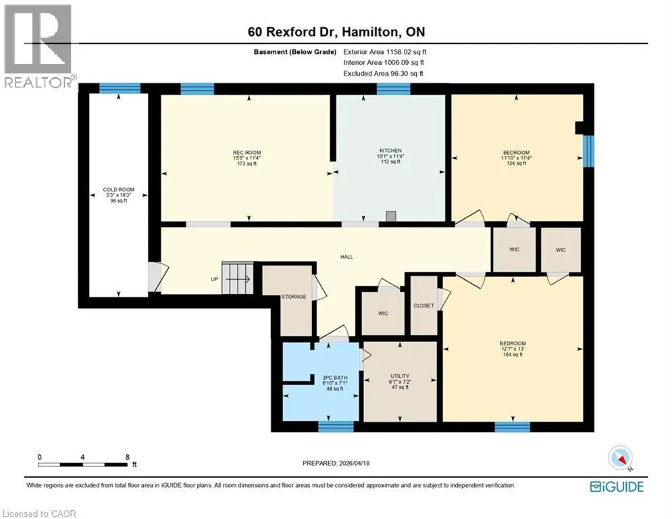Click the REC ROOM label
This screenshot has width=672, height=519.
point(247,153)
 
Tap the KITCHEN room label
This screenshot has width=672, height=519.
point(390,151)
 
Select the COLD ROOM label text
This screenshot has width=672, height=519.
point(119,190)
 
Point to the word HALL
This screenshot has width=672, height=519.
point(346,257)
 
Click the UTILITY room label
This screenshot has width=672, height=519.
point(400,376)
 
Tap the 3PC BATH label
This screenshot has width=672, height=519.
point(335,378)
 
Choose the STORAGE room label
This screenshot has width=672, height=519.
point(294,297)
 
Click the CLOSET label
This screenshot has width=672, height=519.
point(424,306)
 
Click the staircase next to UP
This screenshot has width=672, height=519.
point(238,278)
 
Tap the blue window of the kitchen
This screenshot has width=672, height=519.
point(394,89)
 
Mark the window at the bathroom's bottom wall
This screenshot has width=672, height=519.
point(336,427)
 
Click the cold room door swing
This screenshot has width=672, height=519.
point(159,277)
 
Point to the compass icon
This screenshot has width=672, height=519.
point(620,458)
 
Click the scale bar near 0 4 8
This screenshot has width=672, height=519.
point(82,464)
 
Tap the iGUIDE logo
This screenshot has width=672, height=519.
point(617,487)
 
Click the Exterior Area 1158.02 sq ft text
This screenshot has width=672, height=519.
point(385,52)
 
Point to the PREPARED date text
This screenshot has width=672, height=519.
point(336,463)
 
